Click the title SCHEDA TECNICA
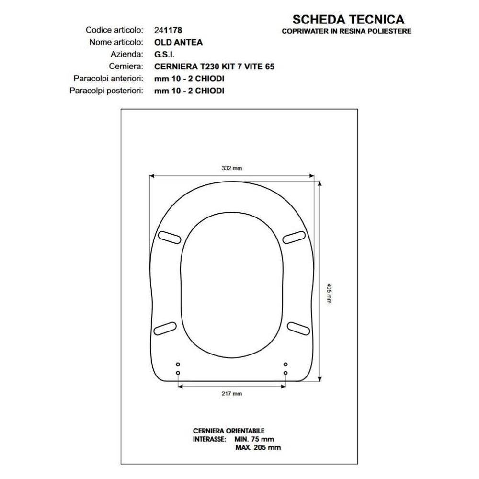pyautogui.click(x=348, y=20)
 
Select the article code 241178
pyautogui.click(x=168, y=30)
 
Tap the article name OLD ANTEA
pyautogui.click(x=178, y=42)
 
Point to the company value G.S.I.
pyautogui.click(x=164, y=55)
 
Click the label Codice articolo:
pyautogui.click(x=114, y=30)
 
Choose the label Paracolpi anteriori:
pyautogui.click(x=108, y=79)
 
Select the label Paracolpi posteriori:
pyautogui.click(x=106, y=91)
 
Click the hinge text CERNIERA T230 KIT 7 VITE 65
pyautogui.click(x=214, y=67)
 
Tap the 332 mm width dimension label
pyautogui.click(x=231, y=168)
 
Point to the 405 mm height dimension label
pyautogui.click(x=329, y=293)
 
